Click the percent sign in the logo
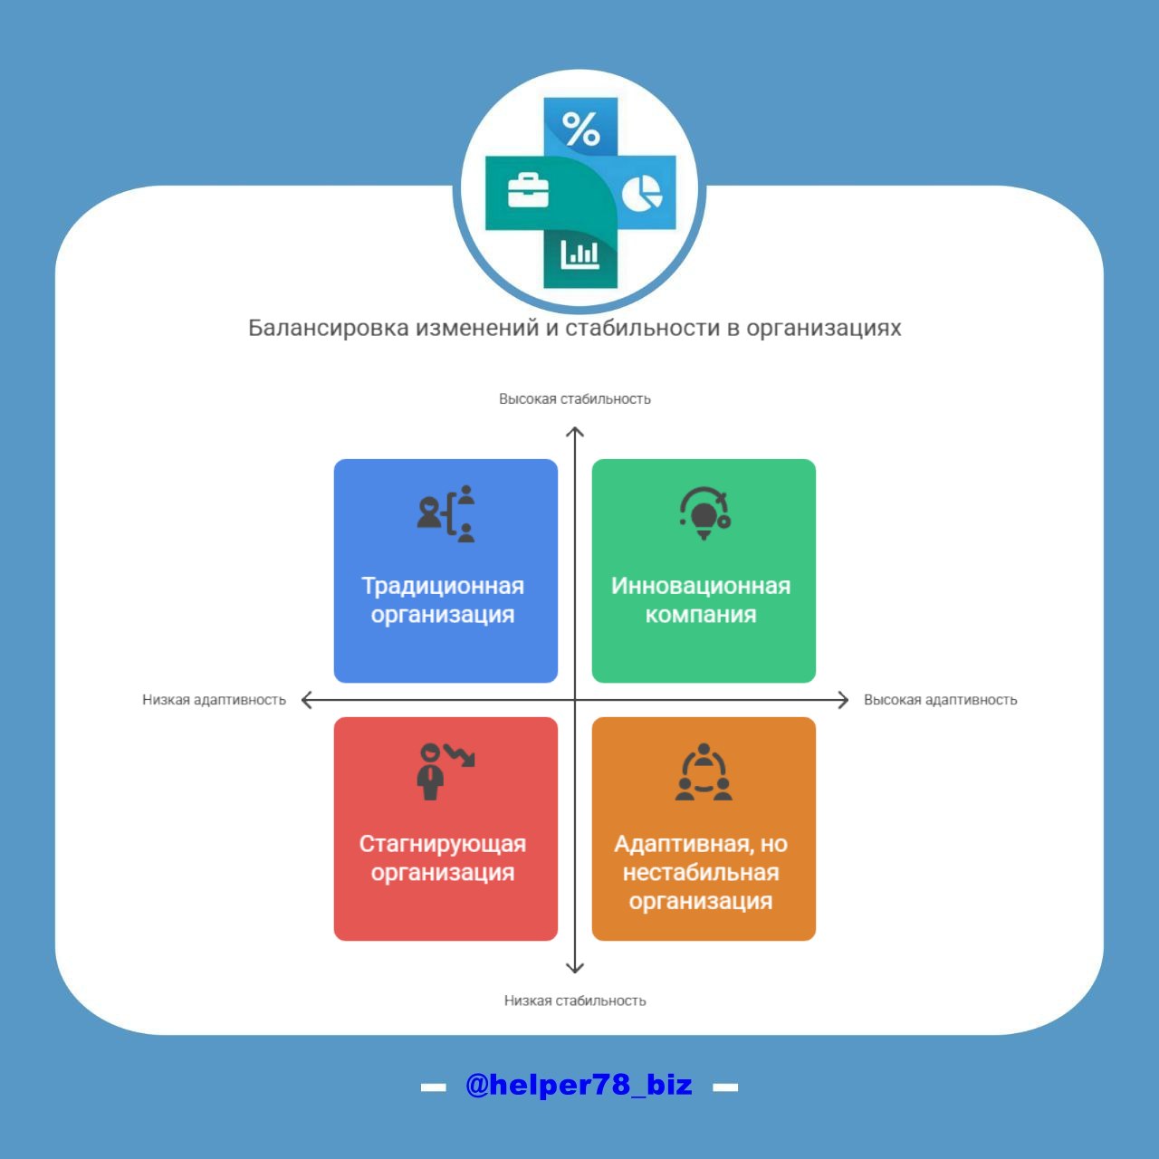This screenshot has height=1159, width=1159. [581, 129]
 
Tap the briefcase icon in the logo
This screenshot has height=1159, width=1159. [528, 190]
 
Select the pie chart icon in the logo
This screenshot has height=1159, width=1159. [642, 192]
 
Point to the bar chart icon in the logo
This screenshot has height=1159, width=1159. [579, 254]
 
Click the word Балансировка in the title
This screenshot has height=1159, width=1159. [328, 328]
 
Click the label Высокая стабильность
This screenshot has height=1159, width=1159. [574, 399]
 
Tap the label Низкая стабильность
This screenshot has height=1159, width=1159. [574, 1001]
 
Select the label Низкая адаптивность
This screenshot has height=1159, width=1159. [214, 700]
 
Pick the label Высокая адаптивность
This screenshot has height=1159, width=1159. [940, 700]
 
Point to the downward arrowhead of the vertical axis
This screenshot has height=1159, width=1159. [574, 968]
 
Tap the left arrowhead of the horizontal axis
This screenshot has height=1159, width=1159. [307, 700]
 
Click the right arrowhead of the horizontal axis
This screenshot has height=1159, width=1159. [843, 700]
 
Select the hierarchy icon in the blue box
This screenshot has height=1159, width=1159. [445, 513]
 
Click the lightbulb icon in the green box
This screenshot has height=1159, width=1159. [704, 513]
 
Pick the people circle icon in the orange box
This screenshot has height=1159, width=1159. [704, 772]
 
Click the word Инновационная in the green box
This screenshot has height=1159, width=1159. [701, 586]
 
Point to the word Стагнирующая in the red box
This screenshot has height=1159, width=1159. [443, 844]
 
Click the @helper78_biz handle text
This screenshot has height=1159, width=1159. [579, 1085]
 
